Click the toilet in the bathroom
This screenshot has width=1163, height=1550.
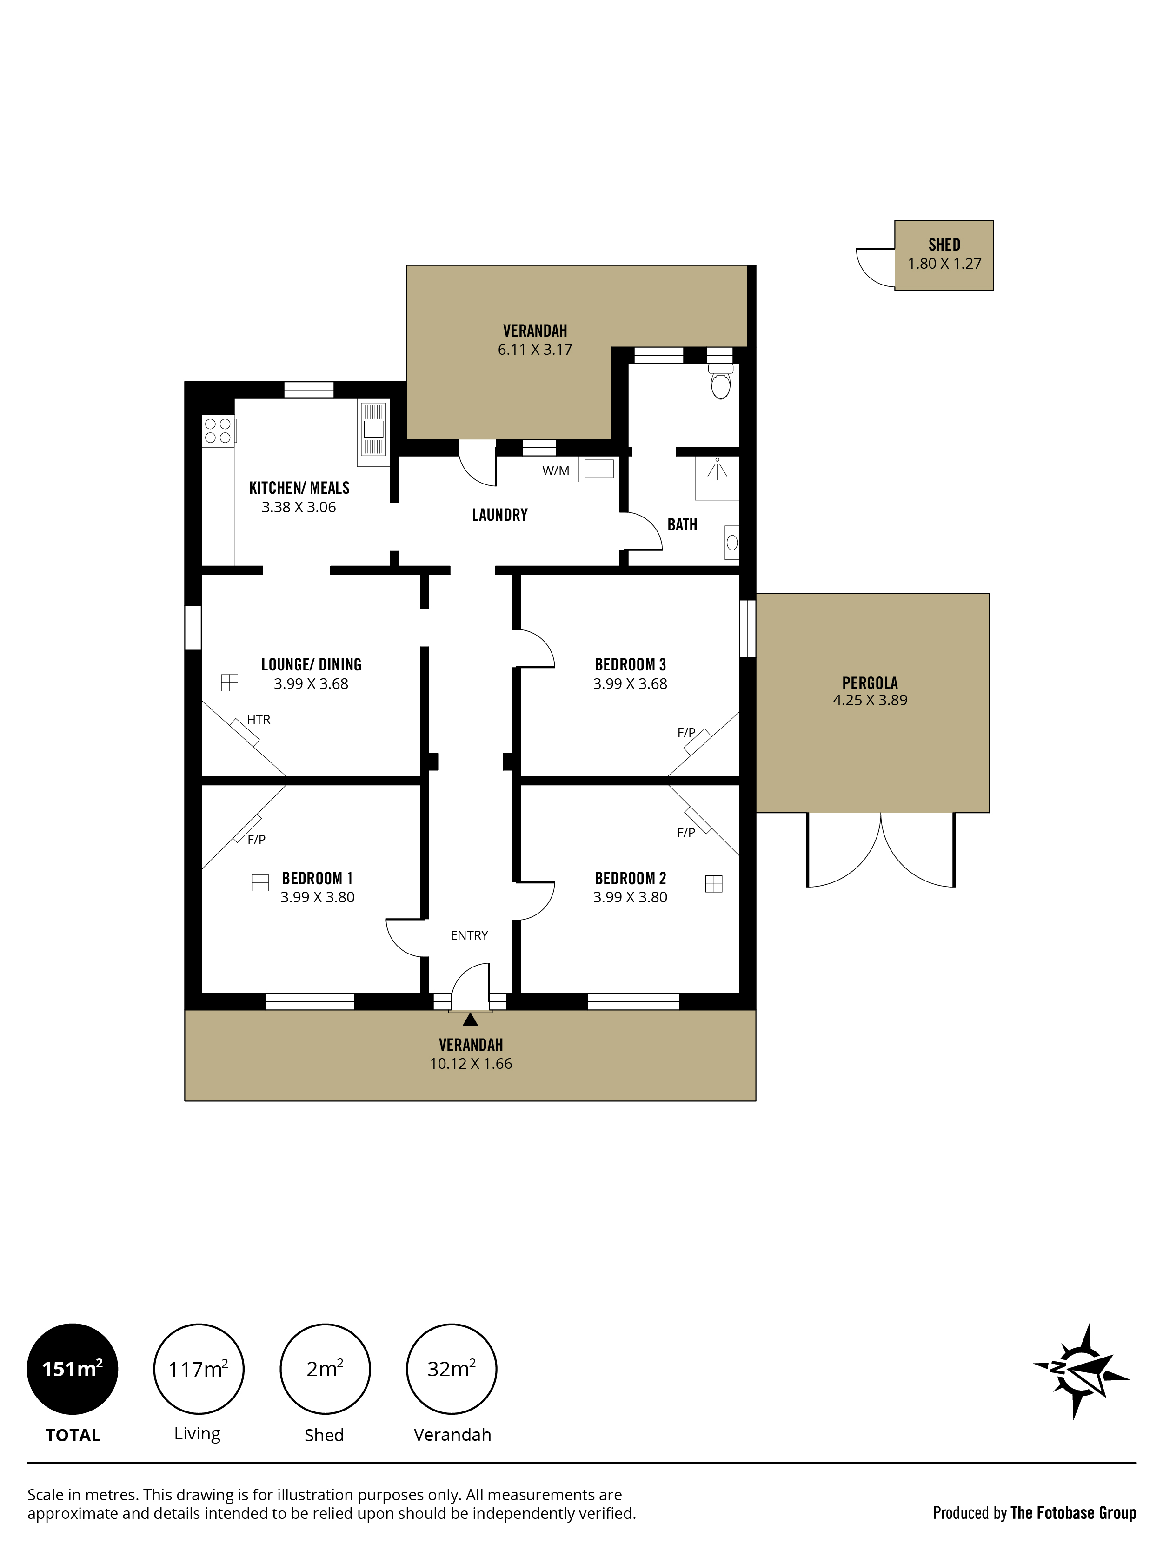[x=720, y=380]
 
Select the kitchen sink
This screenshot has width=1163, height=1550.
[x=373, y=433]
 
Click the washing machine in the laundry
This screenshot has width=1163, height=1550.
[x=598, y=470]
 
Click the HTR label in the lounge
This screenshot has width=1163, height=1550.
[x=258, y=720]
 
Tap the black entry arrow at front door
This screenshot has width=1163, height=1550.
[x=470, y=1019]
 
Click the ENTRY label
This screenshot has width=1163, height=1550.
[x=469, y=935]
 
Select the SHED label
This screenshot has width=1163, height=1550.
[x=944, y=245]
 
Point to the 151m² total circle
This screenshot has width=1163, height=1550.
[x=72, y=1369]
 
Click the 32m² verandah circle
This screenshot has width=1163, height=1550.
[x=452, y=1369]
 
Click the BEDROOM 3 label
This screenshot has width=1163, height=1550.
[x=630, y=664]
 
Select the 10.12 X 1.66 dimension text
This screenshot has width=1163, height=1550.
[x=471, y=1064]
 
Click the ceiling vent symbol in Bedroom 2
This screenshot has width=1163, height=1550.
[x=714, y=884]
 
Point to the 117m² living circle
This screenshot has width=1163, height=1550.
[x=199, y=1369]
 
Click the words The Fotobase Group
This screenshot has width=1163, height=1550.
[x=1073, y=1513]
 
